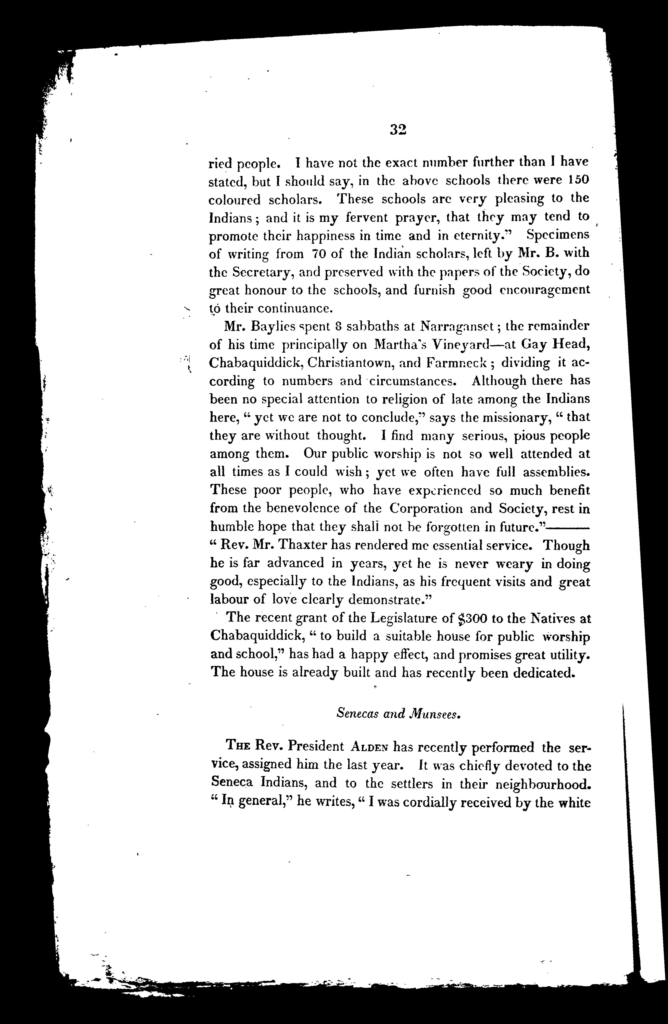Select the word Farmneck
click(x=456, y=363)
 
